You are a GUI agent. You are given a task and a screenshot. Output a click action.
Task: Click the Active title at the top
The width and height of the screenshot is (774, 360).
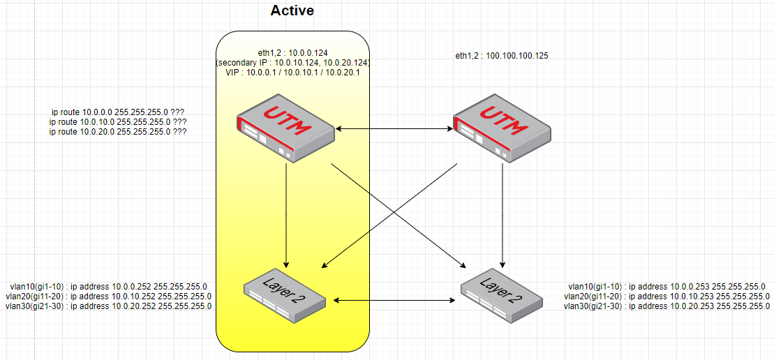[292, 10]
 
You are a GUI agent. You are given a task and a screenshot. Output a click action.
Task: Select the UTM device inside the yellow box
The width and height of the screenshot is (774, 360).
[285, 130]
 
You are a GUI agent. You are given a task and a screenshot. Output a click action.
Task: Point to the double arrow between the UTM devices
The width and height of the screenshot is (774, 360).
[394, 129]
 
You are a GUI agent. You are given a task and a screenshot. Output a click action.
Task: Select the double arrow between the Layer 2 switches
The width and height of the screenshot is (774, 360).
[394, 301]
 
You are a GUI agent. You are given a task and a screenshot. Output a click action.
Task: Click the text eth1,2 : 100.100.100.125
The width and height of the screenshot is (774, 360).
[502, 55]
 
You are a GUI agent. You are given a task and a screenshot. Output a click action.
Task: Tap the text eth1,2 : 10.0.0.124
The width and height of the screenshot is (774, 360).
[293, 52]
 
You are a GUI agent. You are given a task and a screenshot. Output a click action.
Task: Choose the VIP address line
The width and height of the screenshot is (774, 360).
[293, 72]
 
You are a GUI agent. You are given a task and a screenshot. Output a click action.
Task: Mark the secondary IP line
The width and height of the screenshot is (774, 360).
[293, 62]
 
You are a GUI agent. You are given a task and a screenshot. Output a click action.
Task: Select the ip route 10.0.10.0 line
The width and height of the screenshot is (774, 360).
[119, 121]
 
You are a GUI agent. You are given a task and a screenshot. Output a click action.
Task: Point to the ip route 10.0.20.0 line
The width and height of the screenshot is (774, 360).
[119, 131]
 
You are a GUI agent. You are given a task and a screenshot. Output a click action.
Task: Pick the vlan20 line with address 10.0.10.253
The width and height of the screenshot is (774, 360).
[667, 296]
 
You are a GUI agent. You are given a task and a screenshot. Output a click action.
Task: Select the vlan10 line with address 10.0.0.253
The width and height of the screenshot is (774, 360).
[667, 286]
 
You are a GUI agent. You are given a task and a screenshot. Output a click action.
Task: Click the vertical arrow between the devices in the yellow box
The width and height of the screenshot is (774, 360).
[286, 216]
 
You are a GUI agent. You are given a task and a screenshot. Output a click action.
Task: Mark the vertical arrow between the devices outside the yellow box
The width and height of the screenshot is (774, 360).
[503, 216]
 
